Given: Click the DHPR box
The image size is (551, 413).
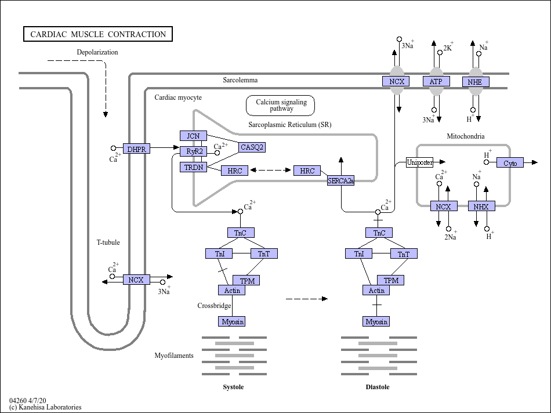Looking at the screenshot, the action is (137, 148).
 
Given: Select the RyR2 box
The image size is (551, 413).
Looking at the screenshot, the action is (194, 151).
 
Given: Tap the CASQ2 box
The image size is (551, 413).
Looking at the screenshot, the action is (252, 147).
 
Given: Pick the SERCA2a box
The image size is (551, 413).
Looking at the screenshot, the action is (341, 180).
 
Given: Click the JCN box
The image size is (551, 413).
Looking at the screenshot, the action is (193, 136).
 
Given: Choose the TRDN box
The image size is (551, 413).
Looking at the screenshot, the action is (194, 167).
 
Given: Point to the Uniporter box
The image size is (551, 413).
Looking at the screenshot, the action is (419, 162).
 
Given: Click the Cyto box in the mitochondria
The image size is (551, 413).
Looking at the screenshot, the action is (510, 163).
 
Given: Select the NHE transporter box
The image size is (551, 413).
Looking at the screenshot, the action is (476, 82).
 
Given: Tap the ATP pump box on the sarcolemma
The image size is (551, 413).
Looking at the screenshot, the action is (436, 81).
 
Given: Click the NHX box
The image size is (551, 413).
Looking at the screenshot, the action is (481, 206).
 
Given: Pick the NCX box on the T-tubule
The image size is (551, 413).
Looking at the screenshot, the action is (136, 280).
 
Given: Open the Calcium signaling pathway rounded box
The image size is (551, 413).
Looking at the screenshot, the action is (280, 106).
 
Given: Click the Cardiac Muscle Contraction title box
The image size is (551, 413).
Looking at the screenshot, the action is (98, 34).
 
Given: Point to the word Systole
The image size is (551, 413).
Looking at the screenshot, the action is (233, 387).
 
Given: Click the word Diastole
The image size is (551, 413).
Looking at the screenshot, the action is (378, 387).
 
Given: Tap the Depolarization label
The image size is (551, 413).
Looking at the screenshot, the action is (97, 52).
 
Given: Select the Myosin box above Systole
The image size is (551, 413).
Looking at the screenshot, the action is (232, 321).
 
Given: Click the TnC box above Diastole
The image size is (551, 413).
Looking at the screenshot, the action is (379, 233).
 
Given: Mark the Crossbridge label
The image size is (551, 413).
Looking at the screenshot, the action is (214, 306).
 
